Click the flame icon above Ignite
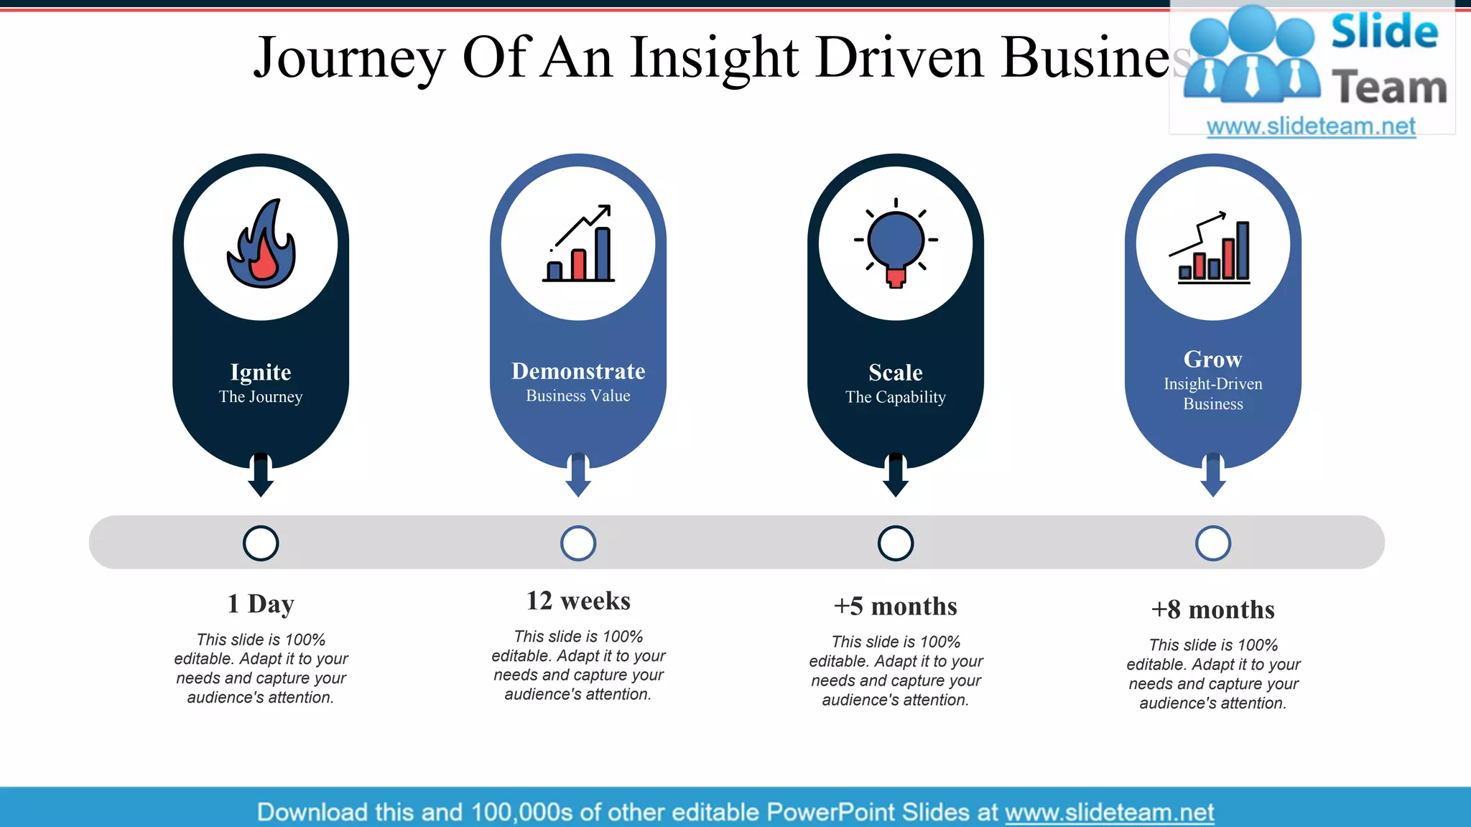point(261,244)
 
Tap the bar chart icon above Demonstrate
point(579,244)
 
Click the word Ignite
point(261,372)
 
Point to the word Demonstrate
point(578,371)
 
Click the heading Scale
point(896,373)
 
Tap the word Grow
point(1213,359)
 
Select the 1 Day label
point(261,604)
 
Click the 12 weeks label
point(578,601)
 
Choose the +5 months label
point(896,607)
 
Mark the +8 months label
point(1213,609)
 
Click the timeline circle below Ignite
point(261,543)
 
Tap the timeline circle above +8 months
point(1213,543)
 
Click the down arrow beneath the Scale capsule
point(896,475)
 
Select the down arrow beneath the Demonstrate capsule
point(578,475)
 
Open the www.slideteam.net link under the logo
point(1311,126)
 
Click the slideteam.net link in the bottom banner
point(1109,812)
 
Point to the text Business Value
point(578,396)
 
